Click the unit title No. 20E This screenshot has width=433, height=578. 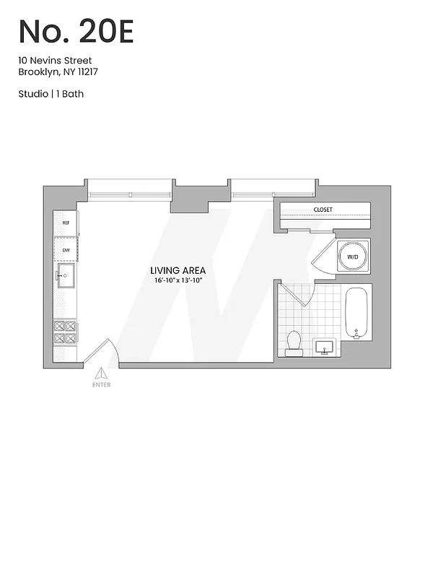76,32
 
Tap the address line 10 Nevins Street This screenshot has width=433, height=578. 55,61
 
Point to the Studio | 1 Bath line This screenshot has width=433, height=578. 51,94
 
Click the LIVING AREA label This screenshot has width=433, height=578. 179,270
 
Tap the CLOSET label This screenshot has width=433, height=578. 323,210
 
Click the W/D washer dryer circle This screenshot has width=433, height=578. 353,256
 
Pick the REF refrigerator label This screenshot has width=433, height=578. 65,223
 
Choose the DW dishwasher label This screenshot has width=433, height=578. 65,250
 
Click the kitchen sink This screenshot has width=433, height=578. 66,275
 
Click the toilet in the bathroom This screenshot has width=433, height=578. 294,342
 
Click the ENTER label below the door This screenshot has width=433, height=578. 102,384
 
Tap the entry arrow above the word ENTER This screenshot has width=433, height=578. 102,372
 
